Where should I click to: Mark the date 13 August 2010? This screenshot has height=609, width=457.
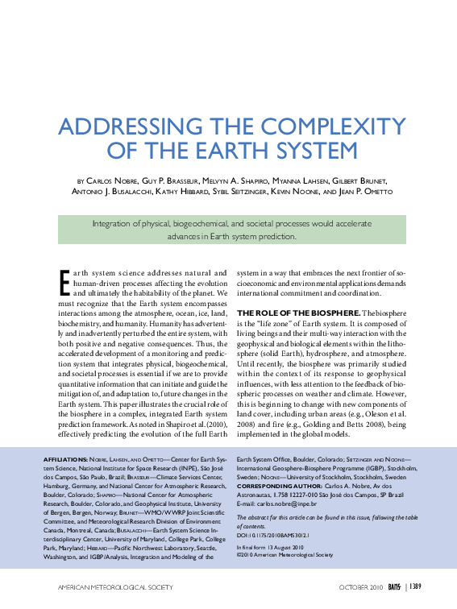coord(289,548)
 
